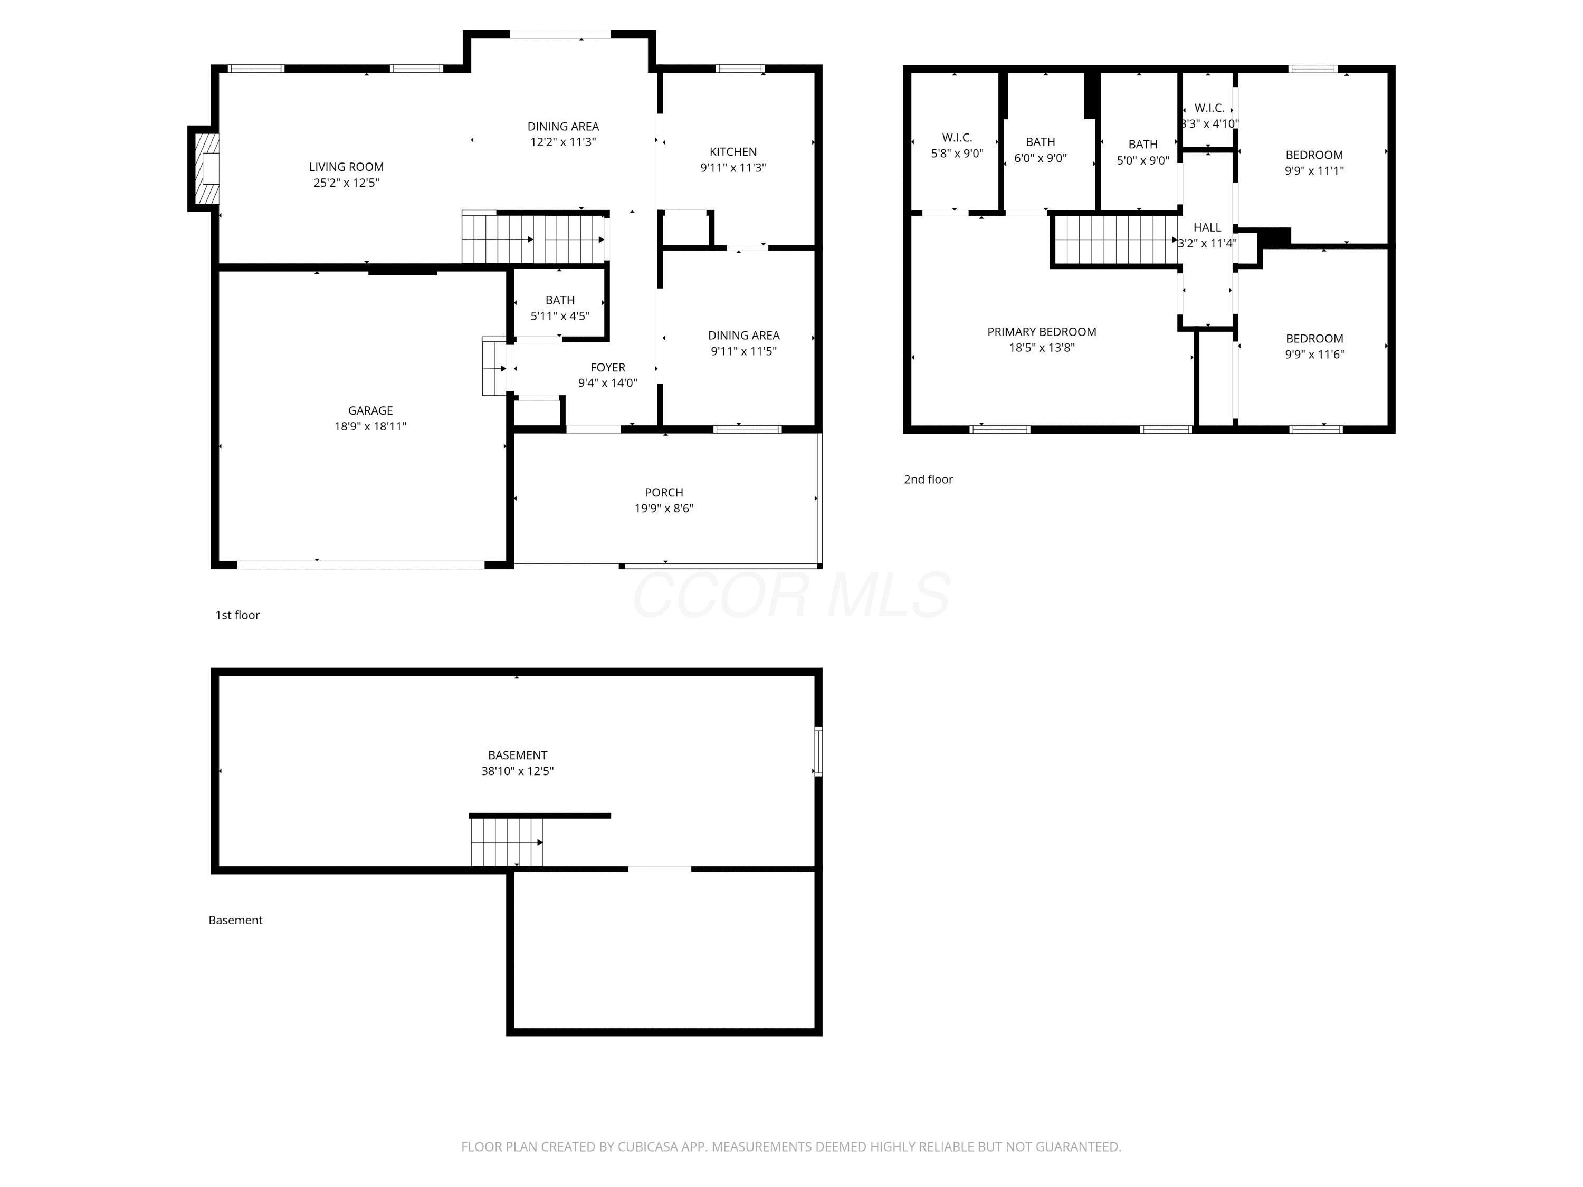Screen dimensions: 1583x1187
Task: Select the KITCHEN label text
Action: click(733, 152)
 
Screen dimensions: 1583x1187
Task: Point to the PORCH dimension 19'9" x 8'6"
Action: click(664, 509)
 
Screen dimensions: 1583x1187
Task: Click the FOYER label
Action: click(607, 367)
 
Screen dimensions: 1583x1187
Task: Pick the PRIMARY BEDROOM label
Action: click(1041, 332)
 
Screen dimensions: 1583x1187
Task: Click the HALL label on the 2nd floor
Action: click(1207, 227)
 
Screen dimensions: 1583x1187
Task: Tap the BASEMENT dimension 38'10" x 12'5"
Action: click(518, 771)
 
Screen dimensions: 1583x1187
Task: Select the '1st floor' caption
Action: click(237, 615)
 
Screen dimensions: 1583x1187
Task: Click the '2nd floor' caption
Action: click(928, 480)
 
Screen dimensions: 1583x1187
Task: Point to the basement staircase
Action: click(507, 842)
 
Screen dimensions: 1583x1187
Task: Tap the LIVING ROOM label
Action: click(346, 167)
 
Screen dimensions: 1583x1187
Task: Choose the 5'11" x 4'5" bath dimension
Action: click(560, 316)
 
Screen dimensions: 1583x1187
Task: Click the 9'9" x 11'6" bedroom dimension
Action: click(1314, 354)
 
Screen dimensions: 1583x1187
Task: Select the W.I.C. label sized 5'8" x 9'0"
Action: click(957, 137)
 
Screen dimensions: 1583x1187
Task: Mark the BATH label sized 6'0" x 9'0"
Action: click(1041, 142)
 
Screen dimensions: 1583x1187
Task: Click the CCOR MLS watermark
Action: click(791, 595)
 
